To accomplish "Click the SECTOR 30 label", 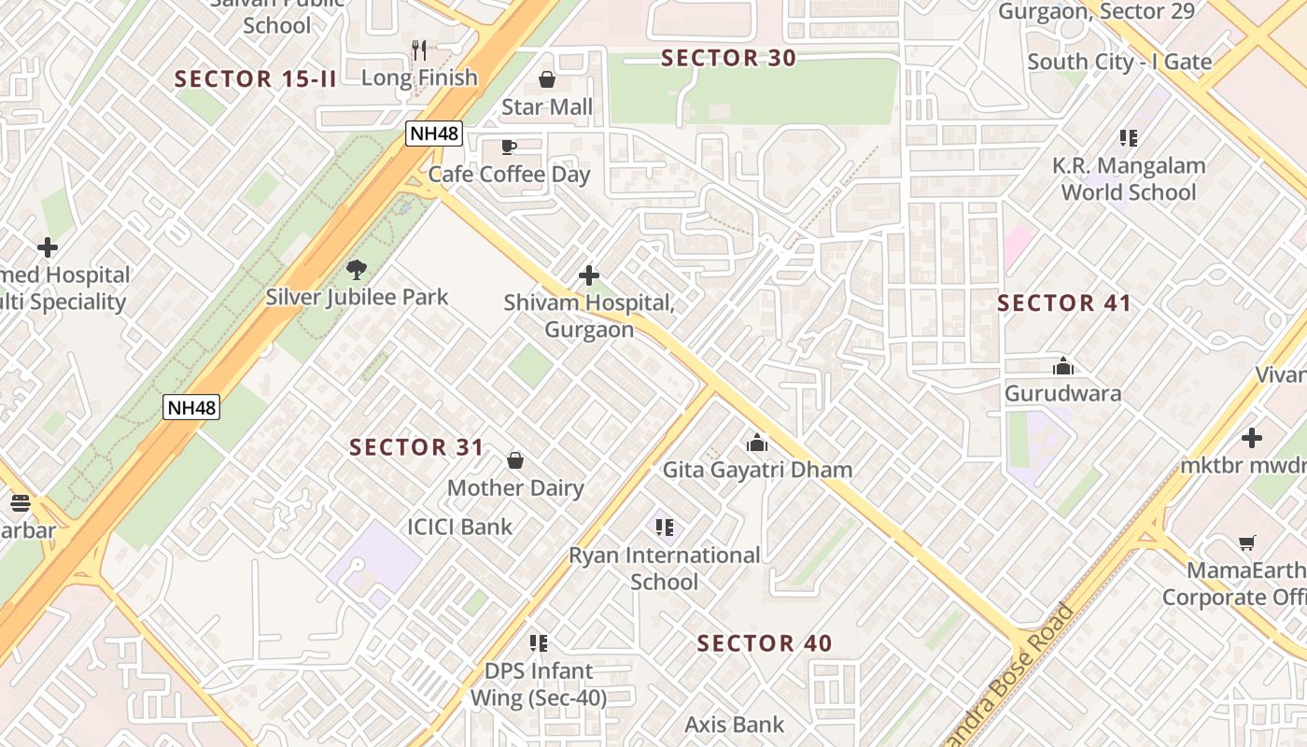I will (728, 58).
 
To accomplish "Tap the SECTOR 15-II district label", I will (255, 78).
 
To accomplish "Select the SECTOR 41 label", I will (1063, 303).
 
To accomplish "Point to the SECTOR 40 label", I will (764, 642).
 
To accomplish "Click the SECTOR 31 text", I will (416, 447).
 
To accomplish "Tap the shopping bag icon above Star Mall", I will (547, 80).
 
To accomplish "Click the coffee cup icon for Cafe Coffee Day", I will (509, 148).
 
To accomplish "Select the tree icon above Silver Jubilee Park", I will (356, 271).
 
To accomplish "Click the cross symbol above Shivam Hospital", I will (589, 275).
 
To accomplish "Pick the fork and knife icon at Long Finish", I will (419, 50).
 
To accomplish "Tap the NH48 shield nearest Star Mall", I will (434, 134).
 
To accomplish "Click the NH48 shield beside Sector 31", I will (191, 407).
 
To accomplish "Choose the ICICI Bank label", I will (459, 527).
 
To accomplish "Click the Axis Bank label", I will (734, 724).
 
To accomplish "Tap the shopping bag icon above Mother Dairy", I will (514, 460).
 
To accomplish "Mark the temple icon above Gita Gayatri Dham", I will (757, 443).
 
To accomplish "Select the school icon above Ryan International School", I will (664, 529).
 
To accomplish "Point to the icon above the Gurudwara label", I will (1062, 366).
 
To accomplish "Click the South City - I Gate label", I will (1119, 62).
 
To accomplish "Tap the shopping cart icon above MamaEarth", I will (1246, 543).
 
